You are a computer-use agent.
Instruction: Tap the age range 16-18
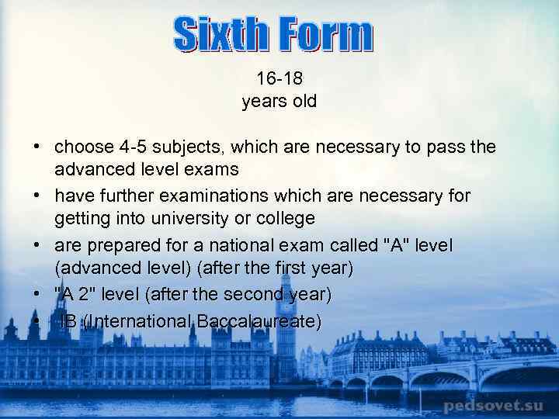pos(279,78)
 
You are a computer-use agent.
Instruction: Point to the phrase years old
pos(279,102)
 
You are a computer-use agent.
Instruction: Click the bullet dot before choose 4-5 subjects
pos(36,147)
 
